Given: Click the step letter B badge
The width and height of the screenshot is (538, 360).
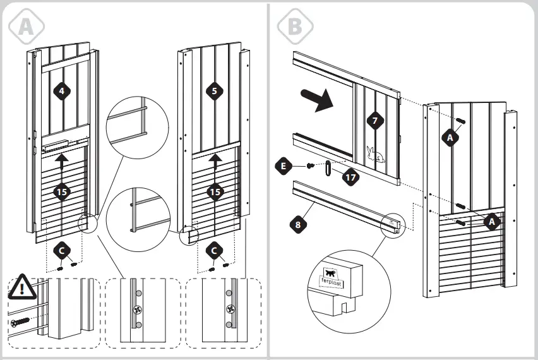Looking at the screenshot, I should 295,26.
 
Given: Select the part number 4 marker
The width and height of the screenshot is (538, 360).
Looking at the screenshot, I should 61,91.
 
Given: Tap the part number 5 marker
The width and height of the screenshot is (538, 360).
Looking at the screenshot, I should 214,91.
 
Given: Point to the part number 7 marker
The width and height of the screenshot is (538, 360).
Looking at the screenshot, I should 375,120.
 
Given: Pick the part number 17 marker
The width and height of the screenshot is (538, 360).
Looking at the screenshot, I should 351,177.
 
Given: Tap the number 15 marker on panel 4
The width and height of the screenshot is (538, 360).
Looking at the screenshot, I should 61,191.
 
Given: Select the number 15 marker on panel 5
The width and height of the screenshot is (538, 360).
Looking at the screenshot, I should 215,191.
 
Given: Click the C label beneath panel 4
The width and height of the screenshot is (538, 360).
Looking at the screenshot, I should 61,251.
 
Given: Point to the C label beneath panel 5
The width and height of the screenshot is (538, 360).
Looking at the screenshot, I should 215,251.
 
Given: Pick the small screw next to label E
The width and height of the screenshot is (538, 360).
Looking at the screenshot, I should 309,166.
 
